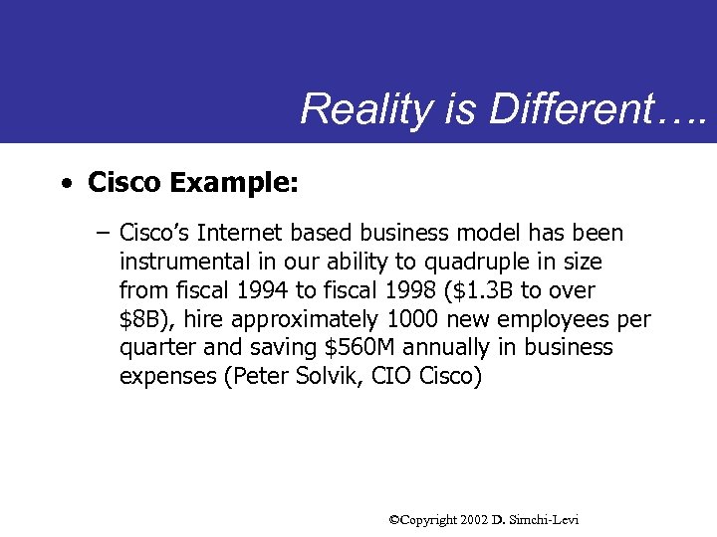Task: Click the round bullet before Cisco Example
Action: click(65, 184)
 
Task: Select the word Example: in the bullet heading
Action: click(234, 183)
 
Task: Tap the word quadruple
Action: click(486, 263)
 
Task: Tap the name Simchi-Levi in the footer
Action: click(544, 520)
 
